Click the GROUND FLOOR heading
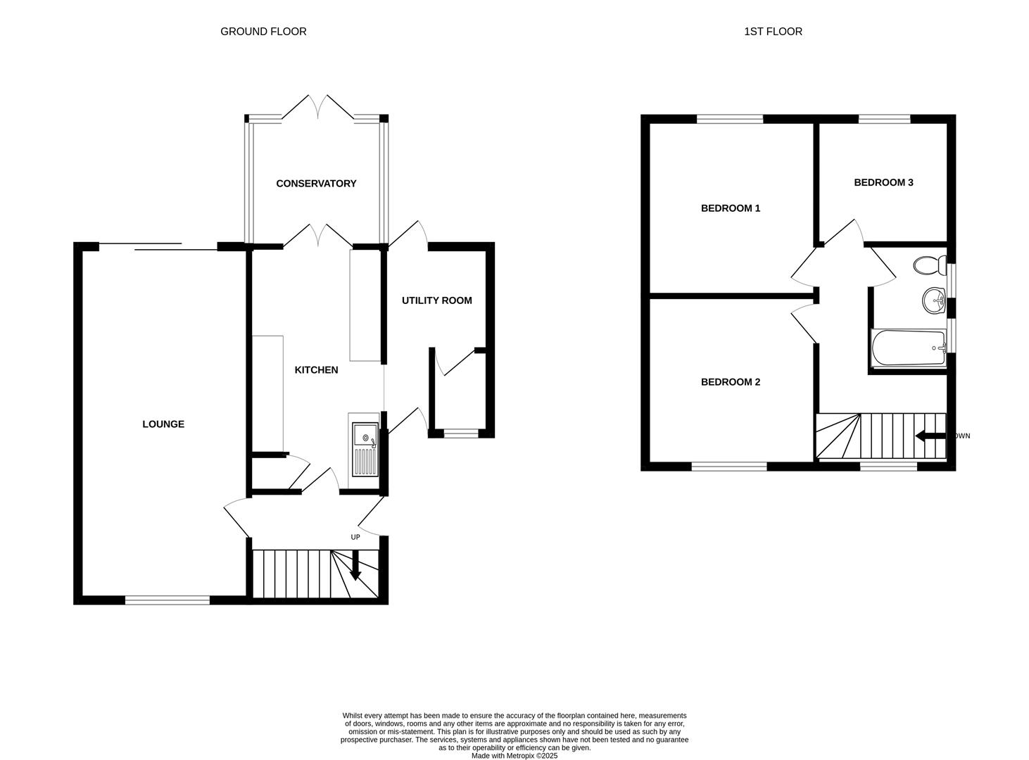click(x=263, y=31)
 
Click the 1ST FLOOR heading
click(x=773, y=31)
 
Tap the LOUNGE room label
click(x=163, y=424)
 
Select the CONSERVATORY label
click(x=316, y=183)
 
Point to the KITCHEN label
click(x=316, y=369)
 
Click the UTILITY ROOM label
click(x=436, y=300)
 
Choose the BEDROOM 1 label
click(x=730, y=208)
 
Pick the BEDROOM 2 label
click(x=730, y=382)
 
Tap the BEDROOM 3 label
click(x=883, y=182)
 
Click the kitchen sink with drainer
click(x=365, y=450)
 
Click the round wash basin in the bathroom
click(x=934, y=301)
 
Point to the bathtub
click(x=908, y=348)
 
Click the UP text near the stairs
click(x=355, y=537)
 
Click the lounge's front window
click(x=168, y=600)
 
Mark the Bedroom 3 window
click(x=884, y=119)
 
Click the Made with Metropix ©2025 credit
click(x=514, y=756)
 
